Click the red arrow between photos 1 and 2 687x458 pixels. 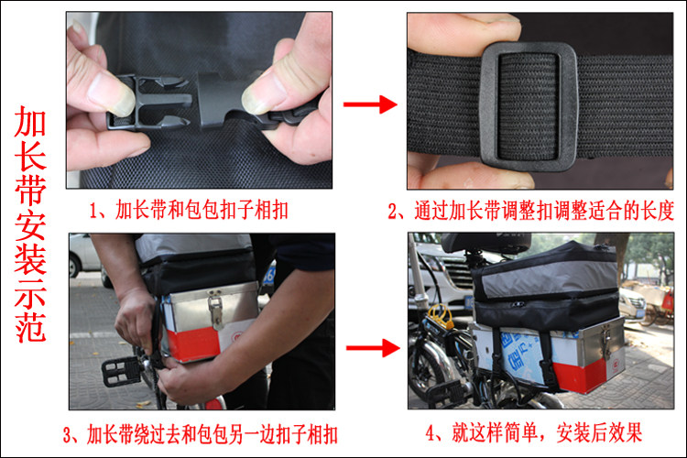370,104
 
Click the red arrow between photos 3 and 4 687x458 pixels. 373,348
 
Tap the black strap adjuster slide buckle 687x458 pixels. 528,106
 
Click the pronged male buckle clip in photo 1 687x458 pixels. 149,103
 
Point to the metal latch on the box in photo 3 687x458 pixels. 215,311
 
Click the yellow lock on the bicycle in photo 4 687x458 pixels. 441,317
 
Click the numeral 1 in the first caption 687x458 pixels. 93,211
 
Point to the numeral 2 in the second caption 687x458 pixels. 393,212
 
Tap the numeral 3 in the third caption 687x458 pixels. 68,435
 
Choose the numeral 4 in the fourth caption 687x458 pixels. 431,433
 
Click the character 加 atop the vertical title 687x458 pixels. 30,122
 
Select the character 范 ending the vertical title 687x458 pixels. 30,327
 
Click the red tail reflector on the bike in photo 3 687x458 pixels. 214,404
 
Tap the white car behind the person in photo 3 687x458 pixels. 84,256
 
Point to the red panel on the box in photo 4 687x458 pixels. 583,376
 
